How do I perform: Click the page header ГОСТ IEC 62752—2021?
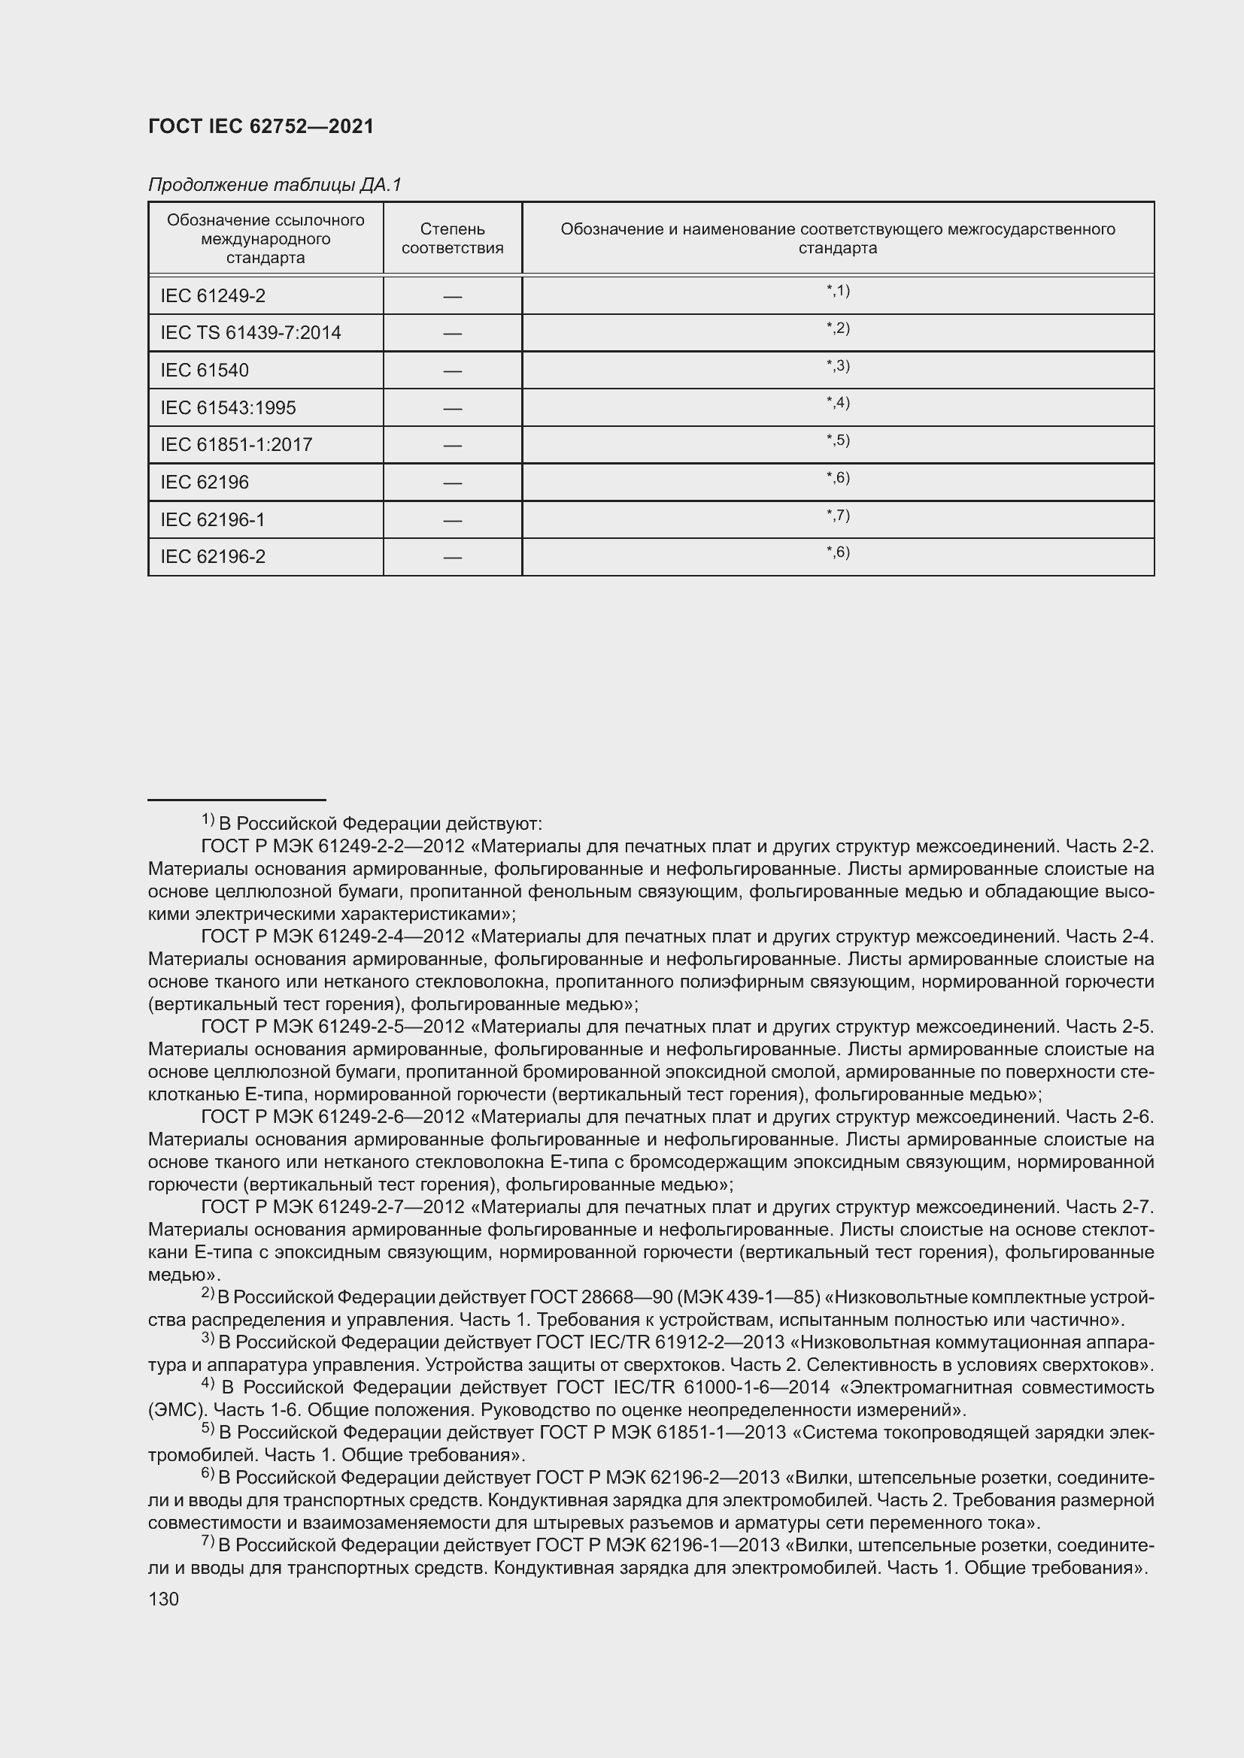(x=260, y=126)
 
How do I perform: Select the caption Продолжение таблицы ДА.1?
(x=275, y=185)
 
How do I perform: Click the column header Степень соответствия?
(x=452, y=238)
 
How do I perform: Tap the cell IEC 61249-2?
(x=213, y=295)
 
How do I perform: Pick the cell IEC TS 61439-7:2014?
(x=250, y=333)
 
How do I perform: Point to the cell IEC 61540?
(x=205, y=371)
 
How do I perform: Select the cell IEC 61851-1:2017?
(x=236, y=445)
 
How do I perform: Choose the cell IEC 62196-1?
(x=212, y=520)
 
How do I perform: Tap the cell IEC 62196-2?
(x=213, y=557)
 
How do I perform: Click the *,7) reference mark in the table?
(x=838, y=515)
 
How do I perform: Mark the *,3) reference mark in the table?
(x=838, y=365)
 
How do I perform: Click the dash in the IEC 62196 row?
(x=452, y=483)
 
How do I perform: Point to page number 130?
(x=163, y=1599)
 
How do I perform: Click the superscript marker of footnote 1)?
(x=208, y=819)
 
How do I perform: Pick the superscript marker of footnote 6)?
(x=208, y=1473)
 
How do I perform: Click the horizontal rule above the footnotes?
(x=237, y=800)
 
